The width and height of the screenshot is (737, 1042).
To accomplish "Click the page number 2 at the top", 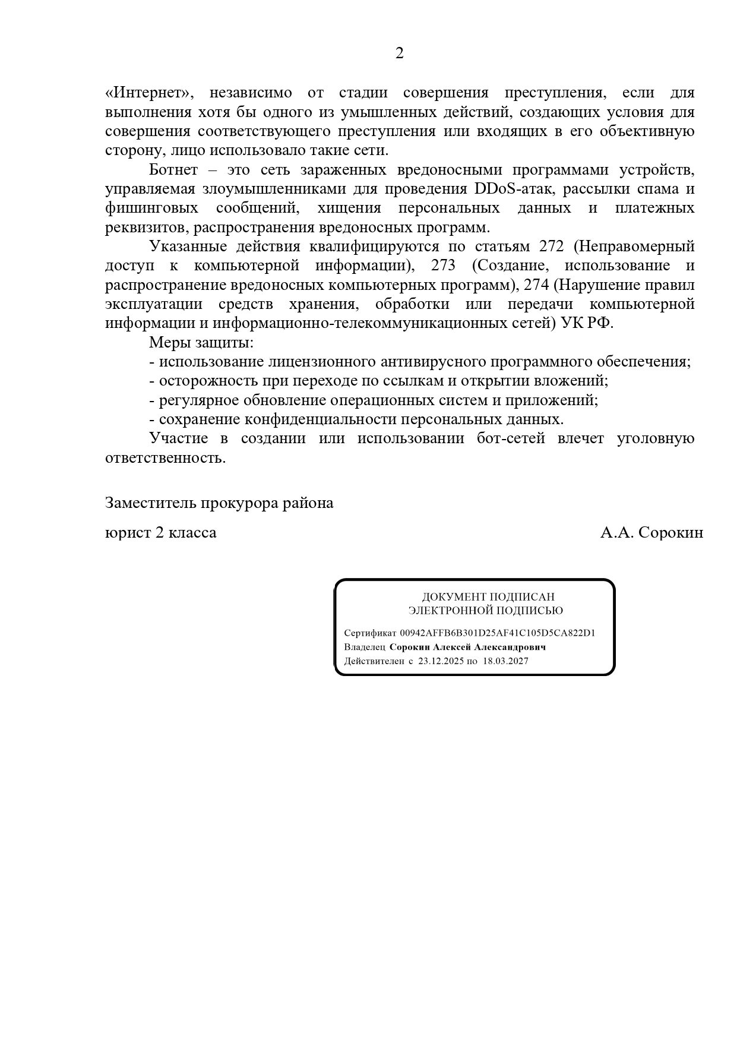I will [399, 53].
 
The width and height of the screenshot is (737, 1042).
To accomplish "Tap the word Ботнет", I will [173, 170].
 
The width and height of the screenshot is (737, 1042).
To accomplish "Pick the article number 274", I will [536, 285].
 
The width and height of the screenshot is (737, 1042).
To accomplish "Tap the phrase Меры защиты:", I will [201, 343].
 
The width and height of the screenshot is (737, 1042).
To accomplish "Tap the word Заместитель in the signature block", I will [151, 503].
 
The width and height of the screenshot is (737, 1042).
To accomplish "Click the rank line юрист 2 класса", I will [161, 533].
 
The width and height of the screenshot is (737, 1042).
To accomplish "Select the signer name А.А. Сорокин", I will [651, 533].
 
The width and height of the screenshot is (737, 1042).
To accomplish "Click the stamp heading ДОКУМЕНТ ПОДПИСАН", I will [488, 597].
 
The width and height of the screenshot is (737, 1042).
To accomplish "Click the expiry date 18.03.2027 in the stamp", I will [505, 661].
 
